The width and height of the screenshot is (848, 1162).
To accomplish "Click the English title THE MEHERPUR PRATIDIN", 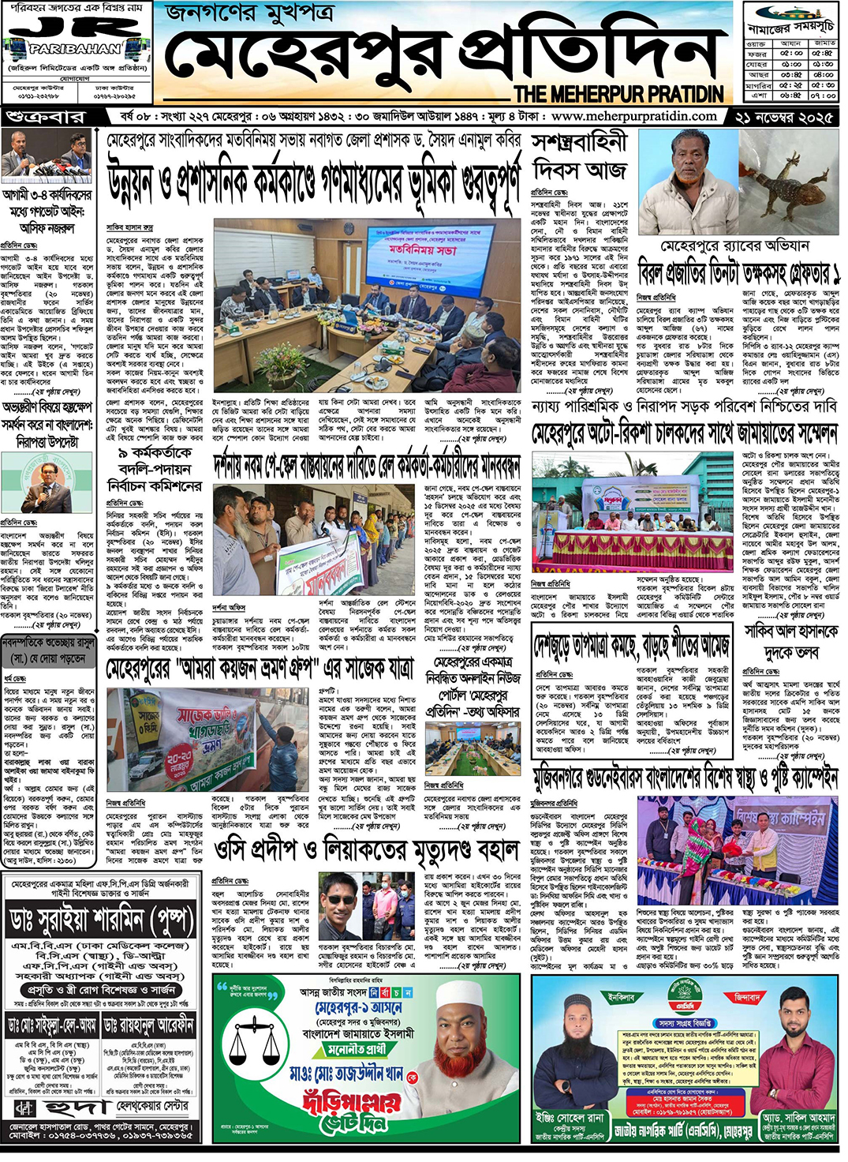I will pos(618,94).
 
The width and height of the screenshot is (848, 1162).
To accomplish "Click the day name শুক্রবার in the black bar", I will pos(46,117).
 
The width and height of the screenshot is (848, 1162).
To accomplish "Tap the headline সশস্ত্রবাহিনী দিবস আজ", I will pos(580,156).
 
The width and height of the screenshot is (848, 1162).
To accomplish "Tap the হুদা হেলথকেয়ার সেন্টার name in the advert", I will pos(102,1107).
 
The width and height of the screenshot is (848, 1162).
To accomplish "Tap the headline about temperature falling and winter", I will pos(631,646).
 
